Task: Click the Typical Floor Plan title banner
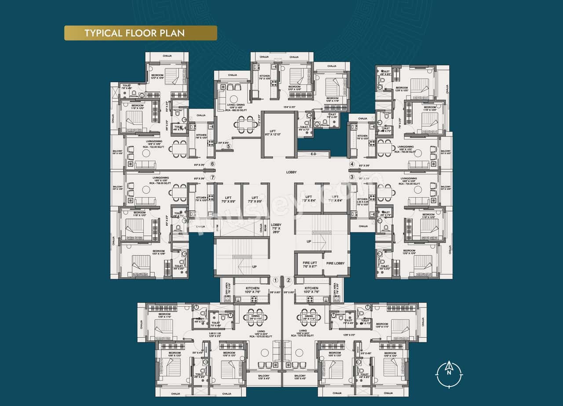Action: [x=140, y=33]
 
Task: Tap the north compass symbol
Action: [x=449, y=374]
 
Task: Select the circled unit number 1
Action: [x=276, y=280]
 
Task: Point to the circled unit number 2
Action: [x=289, y=280]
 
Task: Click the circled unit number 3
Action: [x=352, y=177]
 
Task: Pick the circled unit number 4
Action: [x=352, y=164]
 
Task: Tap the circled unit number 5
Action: [x=228, y=146]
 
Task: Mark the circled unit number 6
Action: [x=212, y=164]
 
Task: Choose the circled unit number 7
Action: [x=212, y=178]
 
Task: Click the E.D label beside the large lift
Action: [x=313, y=154]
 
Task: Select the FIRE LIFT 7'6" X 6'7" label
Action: [x=310, y=265]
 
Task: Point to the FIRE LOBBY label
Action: [x=336, y=264]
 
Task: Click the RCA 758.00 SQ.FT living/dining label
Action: [x=157, y=181]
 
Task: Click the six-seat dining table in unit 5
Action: [x=246, y=124]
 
